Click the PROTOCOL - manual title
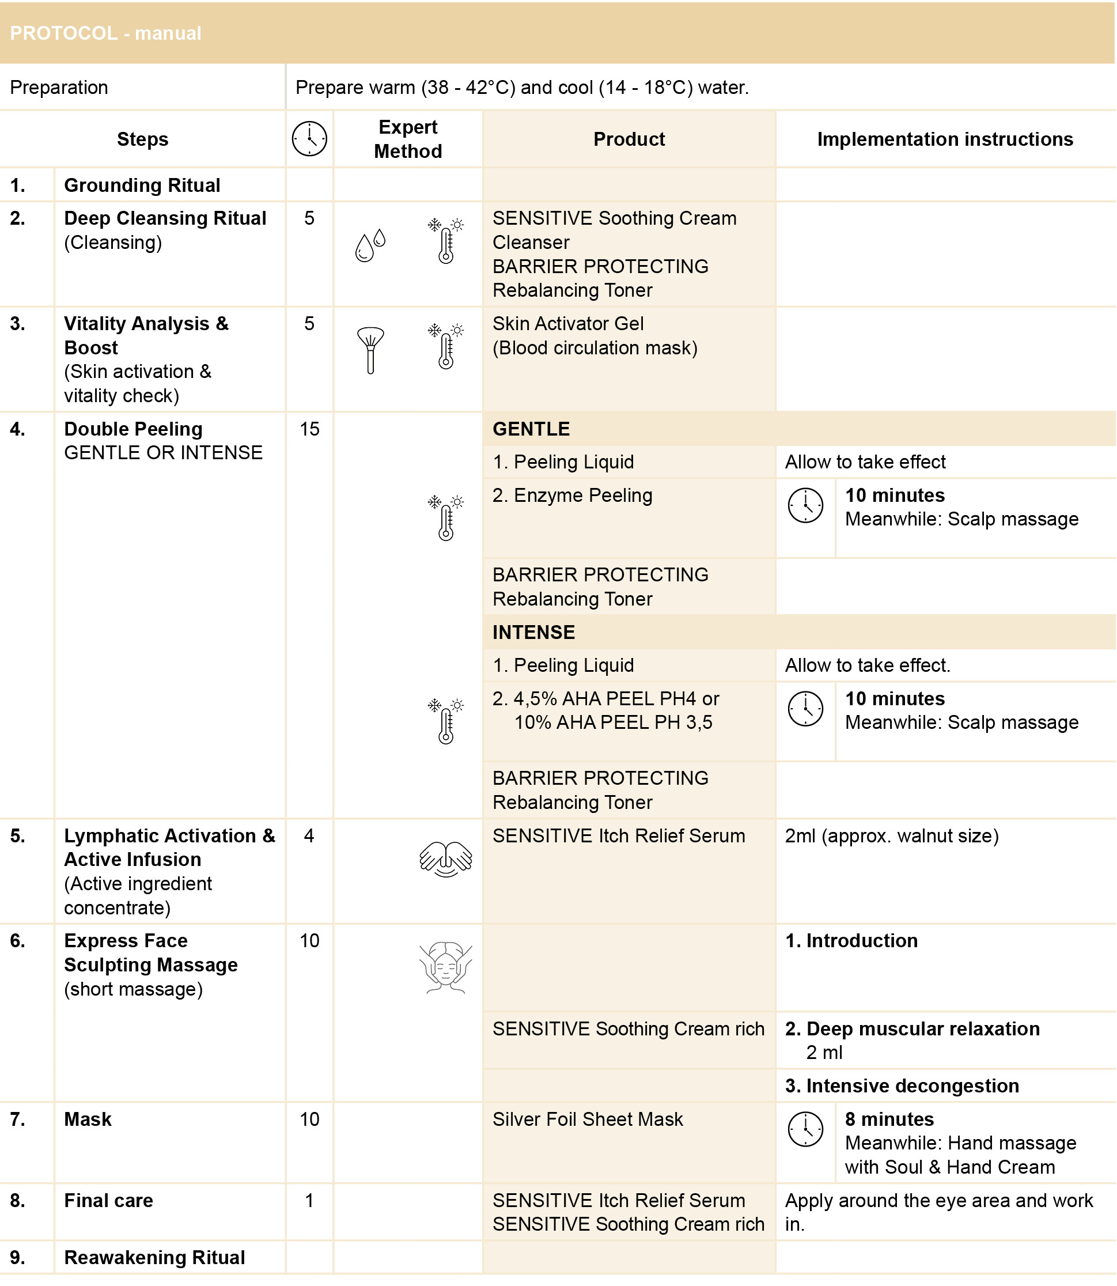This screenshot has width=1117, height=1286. point(105,33)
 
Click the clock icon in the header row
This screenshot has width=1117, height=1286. point(309,138)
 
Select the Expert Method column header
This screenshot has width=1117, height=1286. point(408,138)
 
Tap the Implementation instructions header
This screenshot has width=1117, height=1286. point(944,139)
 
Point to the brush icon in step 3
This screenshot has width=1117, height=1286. point(370,350)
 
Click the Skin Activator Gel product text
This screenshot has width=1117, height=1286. point(568,324)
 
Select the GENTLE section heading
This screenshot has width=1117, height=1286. point(531,429)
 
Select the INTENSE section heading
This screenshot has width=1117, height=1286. point(533,632)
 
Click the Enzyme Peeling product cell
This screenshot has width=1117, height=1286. point(572,495)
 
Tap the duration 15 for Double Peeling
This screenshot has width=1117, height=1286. point(309,429)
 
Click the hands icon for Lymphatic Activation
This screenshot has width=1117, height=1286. point(446,859)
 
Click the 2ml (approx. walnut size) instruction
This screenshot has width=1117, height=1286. point(891,835)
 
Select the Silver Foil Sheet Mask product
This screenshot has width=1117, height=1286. point(587,1119)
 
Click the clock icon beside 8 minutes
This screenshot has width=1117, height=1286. point(805,1129)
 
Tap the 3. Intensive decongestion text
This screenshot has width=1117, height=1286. point(902,1085)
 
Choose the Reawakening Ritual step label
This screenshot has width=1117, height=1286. point(154,1257)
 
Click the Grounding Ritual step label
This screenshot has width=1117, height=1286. point(142,185)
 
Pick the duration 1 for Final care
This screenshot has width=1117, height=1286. point(309,1200)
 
